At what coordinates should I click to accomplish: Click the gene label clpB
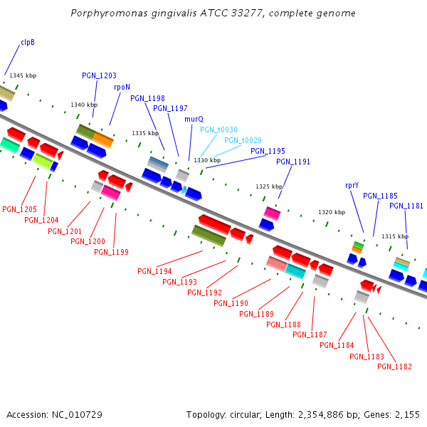coord(28,43)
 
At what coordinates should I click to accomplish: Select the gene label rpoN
coord(122,87)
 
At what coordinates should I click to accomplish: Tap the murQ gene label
coord(194,120)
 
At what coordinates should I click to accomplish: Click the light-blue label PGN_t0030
coord(218,130)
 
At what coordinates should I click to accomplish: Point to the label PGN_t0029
coord(243,140)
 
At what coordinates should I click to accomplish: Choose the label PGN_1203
coord(99,75)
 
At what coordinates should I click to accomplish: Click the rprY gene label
coord(352,185)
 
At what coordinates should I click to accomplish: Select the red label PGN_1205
coord(19,209)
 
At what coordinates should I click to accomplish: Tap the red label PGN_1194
coord(154,271)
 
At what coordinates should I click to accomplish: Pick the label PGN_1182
coord(394,367)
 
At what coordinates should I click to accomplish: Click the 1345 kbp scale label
coord(23,75)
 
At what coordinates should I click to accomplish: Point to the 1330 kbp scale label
coord(207,161)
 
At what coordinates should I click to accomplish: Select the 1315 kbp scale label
coord(395,236)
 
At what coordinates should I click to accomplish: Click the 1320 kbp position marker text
coord(332,212)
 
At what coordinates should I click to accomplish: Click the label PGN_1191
coord(293,162)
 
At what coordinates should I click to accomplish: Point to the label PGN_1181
coord(406,206)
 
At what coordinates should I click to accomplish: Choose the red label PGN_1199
coord(111,252)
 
